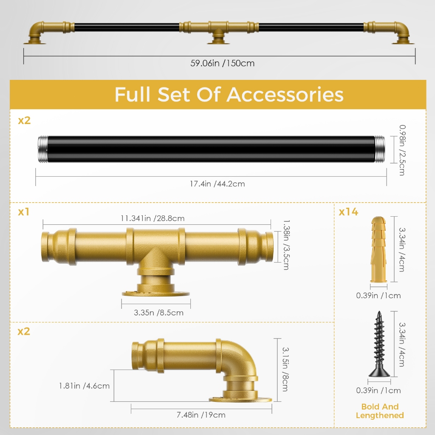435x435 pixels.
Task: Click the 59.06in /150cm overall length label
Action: (222, 63)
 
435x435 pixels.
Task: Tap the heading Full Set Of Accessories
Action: (229, 95)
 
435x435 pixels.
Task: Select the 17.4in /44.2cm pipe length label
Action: (217, 184)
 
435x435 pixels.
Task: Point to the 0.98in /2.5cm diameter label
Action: (402, 150)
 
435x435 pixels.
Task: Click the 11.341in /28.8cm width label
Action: (153, 218)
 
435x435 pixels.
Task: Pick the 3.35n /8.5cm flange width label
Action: (158, 313)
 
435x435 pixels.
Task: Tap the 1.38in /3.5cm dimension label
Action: (286, 245)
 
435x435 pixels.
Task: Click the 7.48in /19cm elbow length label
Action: (201, 415)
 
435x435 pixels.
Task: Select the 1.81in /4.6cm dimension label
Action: (85, 386)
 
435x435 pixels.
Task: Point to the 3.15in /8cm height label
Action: (285, 369)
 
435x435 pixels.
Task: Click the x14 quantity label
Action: (348, 212)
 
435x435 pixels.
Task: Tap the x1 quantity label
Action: (24, 212)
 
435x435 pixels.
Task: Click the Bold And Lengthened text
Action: (380, 411)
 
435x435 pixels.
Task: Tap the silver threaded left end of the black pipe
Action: (43, 149)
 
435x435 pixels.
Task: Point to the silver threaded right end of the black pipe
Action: (379, 149)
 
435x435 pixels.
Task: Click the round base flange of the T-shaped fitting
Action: (155, 293)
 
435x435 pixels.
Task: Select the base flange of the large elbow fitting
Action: (240, 399)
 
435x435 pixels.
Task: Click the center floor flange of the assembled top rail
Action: (218, 42)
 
